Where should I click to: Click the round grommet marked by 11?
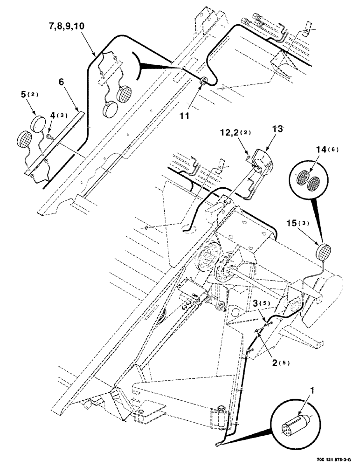point(204,83)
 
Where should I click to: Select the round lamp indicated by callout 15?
point(322,252)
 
